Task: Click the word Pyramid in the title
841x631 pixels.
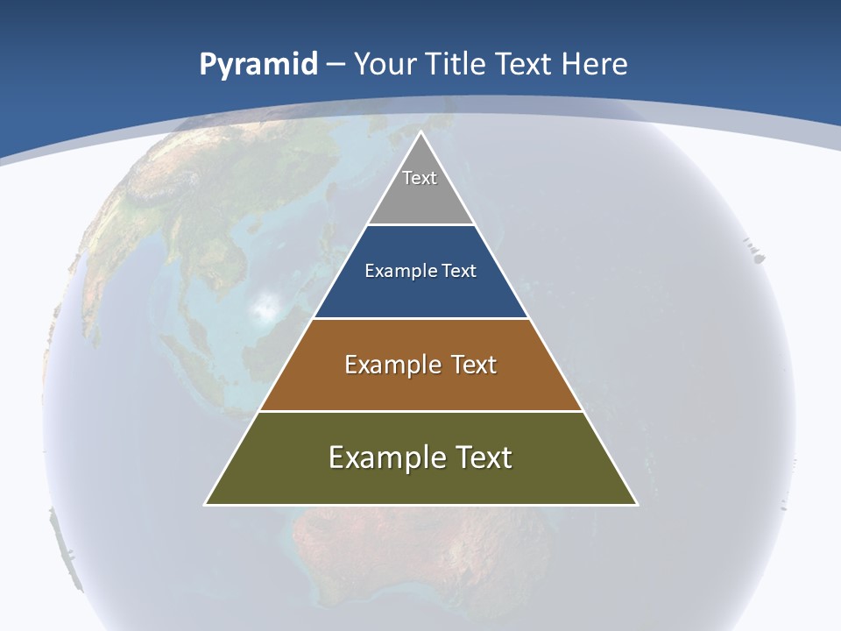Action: point(258,65)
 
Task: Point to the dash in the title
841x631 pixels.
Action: point(335,65)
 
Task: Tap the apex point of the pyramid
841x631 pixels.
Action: point(420,132)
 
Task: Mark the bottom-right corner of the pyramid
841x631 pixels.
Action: point(636,503)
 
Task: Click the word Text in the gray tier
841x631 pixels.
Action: point(420,178)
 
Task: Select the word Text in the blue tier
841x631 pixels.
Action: point(459,271)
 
